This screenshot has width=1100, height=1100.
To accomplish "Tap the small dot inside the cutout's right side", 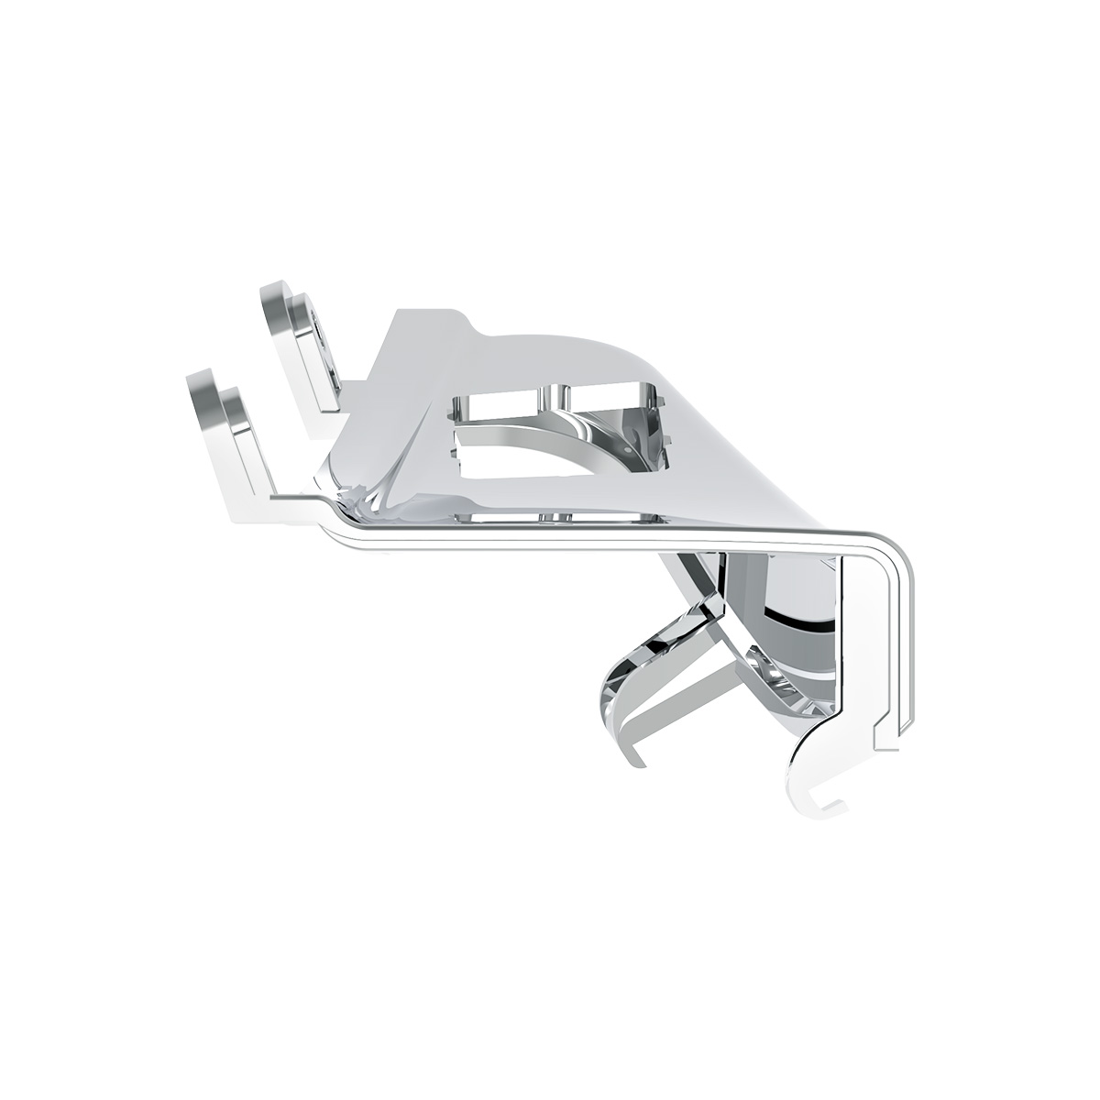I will [x=625, y=450].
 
